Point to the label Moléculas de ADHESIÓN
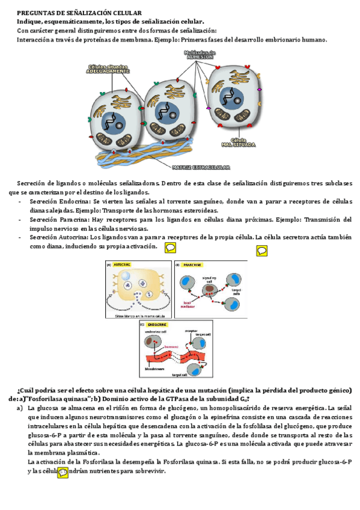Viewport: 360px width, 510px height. [200, 55]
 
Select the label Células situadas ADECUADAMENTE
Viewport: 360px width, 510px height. [108, 69]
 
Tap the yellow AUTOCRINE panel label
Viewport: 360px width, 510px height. [123, 264]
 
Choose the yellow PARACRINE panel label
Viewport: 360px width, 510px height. [192, 264]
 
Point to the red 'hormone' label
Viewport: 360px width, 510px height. [173, 347]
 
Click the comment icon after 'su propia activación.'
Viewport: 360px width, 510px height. [170, 248]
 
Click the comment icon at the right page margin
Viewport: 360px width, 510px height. [262, 251]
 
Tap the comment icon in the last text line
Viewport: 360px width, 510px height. [63, 472]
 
